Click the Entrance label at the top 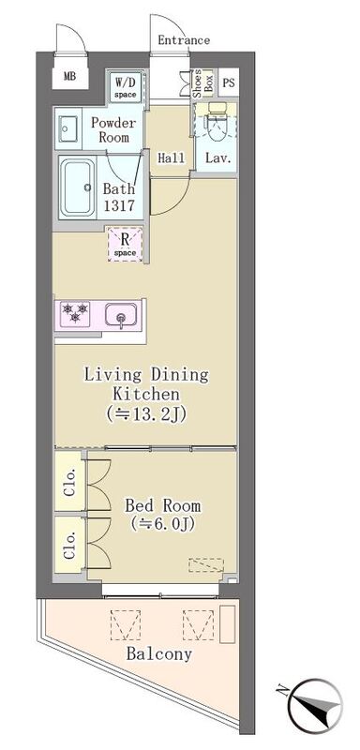[184, 40]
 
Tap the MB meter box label [69, 76]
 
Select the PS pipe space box [229, 82]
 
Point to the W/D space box [126, 86]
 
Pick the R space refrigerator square [125, 244]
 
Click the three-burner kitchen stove [75, 313]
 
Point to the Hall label [172, 157]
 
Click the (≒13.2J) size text [146, 413]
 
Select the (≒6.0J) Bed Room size [162, 524]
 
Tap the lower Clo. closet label [70, 547]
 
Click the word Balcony [159, 653]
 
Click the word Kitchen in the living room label [146, 394]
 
